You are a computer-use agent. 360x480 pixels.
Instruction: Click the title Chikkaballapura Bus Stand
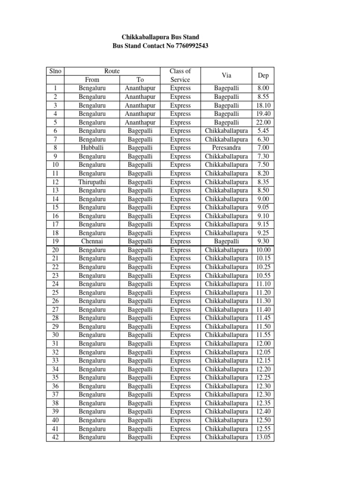pyautogui.click(x=160, y=37)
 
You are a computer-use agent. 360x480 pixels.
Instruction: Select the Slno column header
pyautogui.click(x=55, y=71)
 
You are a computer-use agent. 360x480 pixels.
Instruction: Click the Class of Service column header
pyautogui.click(x=180, y=75)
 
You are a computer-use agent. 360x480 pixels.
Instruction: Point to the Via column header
pyautogui.click(x=226, y=75)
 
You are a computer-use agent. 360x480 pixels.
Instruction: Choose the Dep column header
pyautogui.click(x=263, y=75)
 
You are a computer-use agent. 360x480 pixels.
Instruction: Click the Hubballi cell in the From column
pyautogui.click(x=92, y=148)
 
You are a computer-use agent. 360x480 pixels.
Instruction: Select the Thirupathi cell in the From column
pyautogui.click(x=92, y=182)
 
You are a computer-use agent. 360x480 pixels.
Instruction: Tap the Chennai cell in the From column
pyautogui.click(x=92, y=241)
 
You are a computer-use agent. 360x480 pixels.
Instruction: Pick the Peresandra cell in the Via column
pyautogui.click(x=226, y=148)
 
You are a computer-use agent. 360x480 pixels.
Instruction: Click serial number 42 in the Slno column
pyautogui.click(x=55, y=437)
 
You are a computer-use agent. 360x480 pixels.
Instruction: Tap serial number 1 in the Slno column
pyautogui.click(x=55, y=88)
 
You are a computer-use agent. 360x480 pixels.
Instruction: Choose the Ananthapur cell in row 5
pyautogui.click(x=140, y=122)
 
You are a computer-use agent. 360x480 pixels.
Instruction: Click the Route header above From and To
pyautogui.click(x=112, y=71)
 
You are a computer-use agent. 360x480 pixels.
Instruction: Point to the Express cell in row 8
pyautogui.click(x=180, y=148)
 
